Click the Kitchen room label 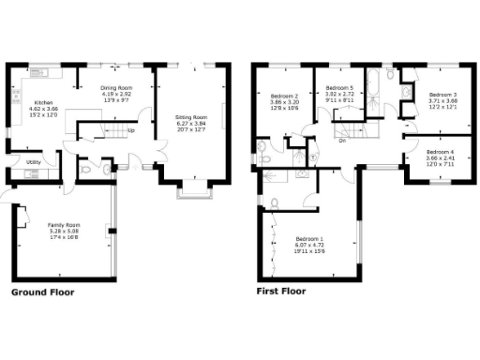(43, 104)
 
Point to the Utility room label (33, 162)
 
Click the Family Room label (64, 225)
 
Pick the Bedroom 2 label (284, 97)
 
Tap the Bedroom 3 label (442, 95)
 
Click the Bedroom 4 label (439, 152)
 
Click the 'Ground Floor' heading (42, 292)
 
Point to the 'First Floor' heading (281, 292)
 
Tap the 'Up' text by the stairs (130, 129)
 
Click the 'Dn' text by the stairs (343, 142)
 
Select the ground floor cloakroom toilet (86, 170)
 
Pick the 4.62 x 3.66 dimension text (43, 111)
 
